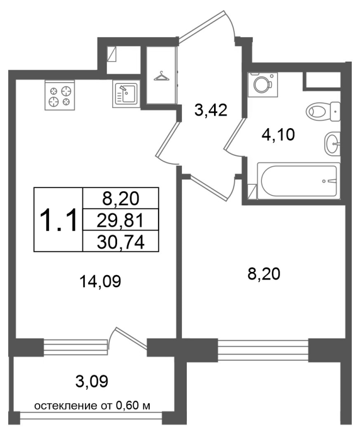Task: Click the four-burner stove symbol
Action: (x=60, y=95)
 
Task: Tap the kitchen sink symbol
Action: (x=126, y=94)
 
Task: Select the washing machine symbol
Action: (x=263, y=84)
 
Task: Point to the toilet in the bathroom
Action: (x=323, y=112)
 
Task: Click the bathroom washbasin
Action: (x=332, y=143)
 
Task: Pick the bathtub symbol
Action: (x=298, y=181)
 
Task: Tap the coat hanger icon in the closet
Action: (x=161, y=76)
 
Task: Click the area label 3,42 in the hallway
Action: (x=211, y=111)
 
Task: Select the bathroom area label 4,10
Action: (x=278, y=135)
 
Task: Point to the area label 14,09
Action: (x=100, y=281)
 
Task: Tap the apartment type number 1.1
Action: (x=58, y=220)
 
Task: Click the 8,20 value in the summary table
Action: (x=121, y=199)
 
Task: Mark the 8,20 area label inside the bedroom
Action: (x=264, y=274)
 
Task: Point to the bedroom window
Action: (x=263, y=350)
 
